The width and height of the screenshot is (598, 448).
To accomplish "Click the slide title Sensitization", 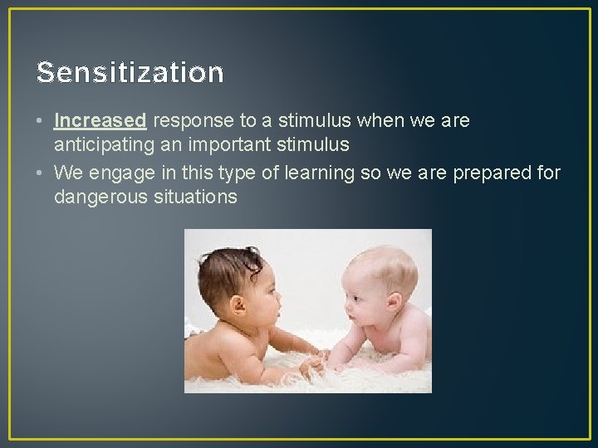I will pos(130,73).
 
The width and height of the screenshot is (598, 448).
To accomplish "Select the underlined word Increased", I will pos(100,121).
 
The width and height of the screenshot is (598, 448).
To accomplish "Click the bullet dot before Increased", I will pos(40,122).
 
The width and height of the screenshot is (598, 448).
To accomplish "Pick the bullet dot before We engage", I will pos(40,173).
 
